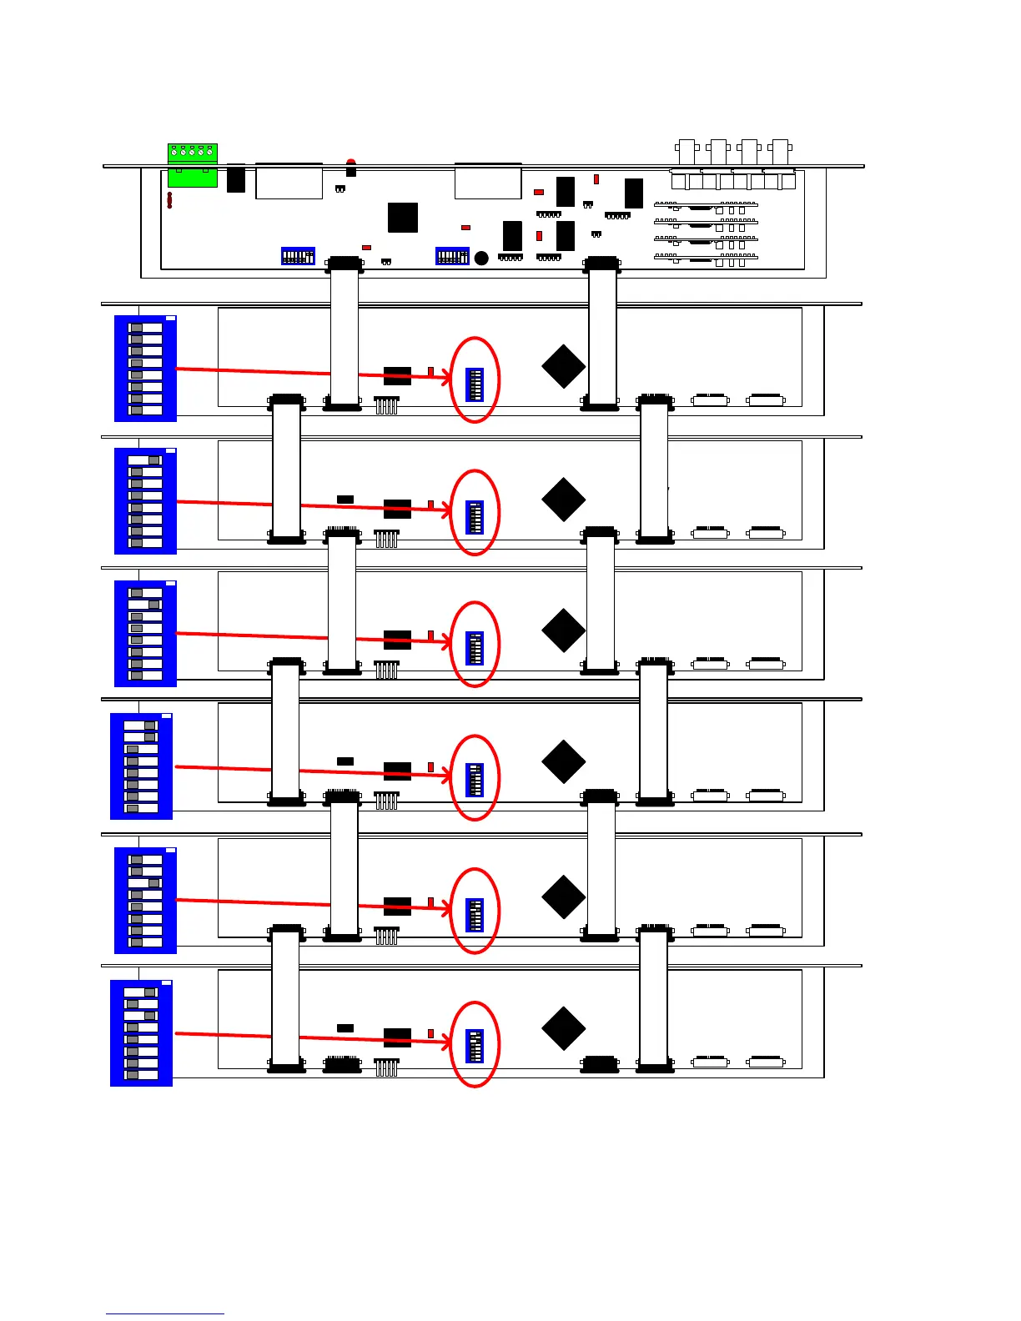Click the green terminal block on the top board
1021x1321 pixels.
(x=193, y=164)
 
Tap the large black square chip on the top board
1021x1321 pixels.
(x=402, y=217)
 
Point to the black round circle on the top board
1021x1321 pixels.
(x=481, y=259)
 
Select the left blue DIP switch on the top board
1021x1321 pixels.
(x=298, y=256)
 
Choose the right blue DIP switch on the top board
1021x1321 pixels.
(x=452, y=256)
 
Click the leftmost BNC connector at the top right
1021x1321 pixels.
(x=687, y=151)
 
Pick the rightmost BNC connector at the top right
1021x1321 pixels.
(x=780, y=151)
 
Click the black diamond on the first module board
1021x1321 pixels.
(x=563, y=366)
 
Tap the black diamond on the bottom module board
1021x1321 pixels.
(x=563, y=1028)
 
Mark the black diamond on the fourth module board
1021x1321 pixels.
(x=563, y=761)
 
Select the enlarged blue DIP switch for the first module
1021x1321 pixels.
(x=145, y=369)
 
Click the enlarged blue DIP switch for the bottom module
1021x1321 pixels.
(x=141, y=1033)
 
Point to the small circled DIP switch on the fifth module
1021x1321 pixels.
(x=475, y=915)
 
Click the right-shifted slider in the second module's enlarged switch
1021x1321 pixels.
(x=153, y=460)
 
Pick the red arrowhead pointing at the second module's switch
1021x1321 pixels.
(x=447, y=509)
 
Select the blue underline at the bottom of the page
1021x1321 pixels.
(x=164, y=1313)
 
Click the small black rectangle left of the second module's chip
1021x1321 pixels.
(x=345, y=500)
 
